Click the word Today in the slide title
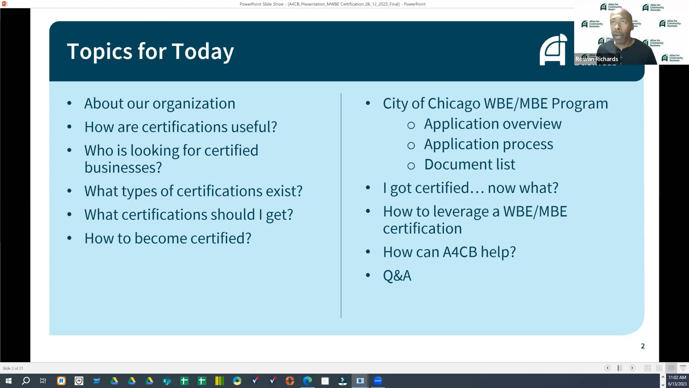(x=203, y=51)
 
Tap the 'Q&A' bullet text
(x=397, y=276)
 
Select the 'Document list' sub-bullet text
(x=469, y=164)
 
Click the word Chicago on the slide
(x=454, y=103)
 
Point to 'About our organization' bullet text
(x=160, y=103)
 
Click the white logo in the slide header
(x=553, y=50)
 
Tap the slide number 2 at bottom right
(x=643, y=346)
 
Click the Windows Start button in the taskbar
(x=9, y=381)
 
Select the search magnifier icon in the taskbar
(x=26, y=381)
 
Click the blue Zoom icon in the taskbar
(x=378, y=381)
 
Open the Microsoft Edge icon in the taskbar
(x=307, y=381)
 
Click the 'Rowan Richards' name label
(x=596, y=59)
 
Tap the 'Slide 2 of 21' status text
(x=13, y=368)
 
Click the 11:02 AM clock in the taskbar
(x=677, y=378)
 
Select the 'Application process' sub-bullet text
(x=488, y=144)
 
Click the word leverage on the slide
(x=461, y=212)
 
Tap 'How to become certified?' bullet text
(x=168, y=238)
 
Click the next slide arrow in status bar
(x=632, y=368)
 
